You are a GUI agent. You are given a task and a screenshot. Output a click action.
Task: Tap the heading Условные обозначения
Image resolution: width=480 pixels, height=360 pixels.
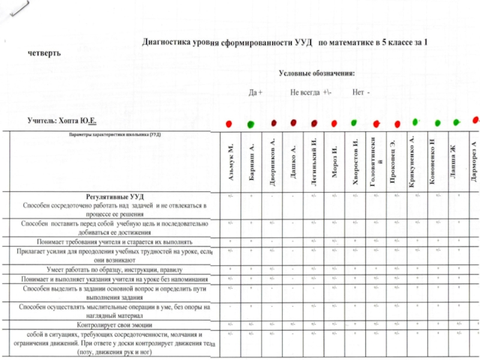[317, 73]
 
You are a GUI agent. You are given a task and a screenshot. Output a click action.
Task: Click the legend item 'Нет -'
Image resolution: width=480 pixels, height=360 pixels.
[361, 93]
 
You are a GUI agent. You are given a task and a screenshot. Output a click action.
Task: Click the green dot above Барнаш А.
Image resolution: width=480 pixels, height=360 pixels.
[250, 124]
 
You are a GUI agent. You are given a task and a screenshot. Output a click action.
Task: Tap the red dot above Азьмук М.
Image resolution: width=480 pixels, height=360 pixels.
[229, 124]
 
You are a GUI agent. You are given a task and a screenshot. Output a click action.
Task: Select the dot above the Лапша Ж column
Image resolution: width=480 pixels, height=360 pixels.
[456, 122]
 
